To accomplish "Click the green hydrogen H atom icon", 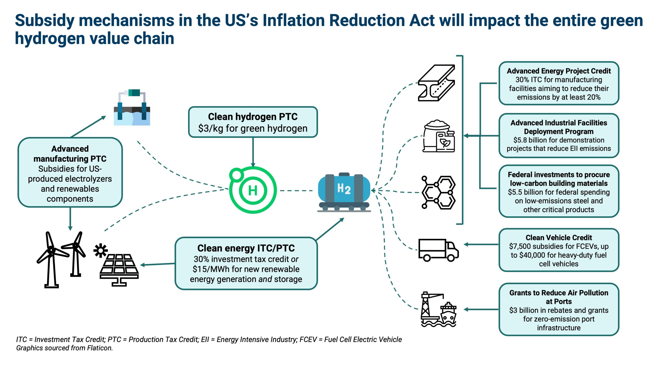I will (253, 190).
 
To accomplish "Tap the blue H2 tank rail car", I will (344, 191).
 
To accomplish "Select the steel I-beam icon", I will (436, 83).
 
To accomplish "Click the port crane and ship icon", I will (439, 309).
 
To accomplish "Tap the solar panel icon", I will (119, 270).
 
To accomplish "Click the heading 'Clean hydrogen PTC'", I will (253, 117).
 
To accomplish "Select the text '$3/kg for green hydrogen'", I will (253, 128).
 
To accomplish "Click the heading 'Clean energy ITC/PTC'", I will (246, 248).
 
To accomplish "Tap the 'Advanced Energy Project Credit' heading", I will (559, 71).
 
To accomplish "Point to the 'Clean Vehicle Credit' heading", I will (559, 238).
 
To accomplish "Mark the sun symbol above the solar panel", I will (100, 250).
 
